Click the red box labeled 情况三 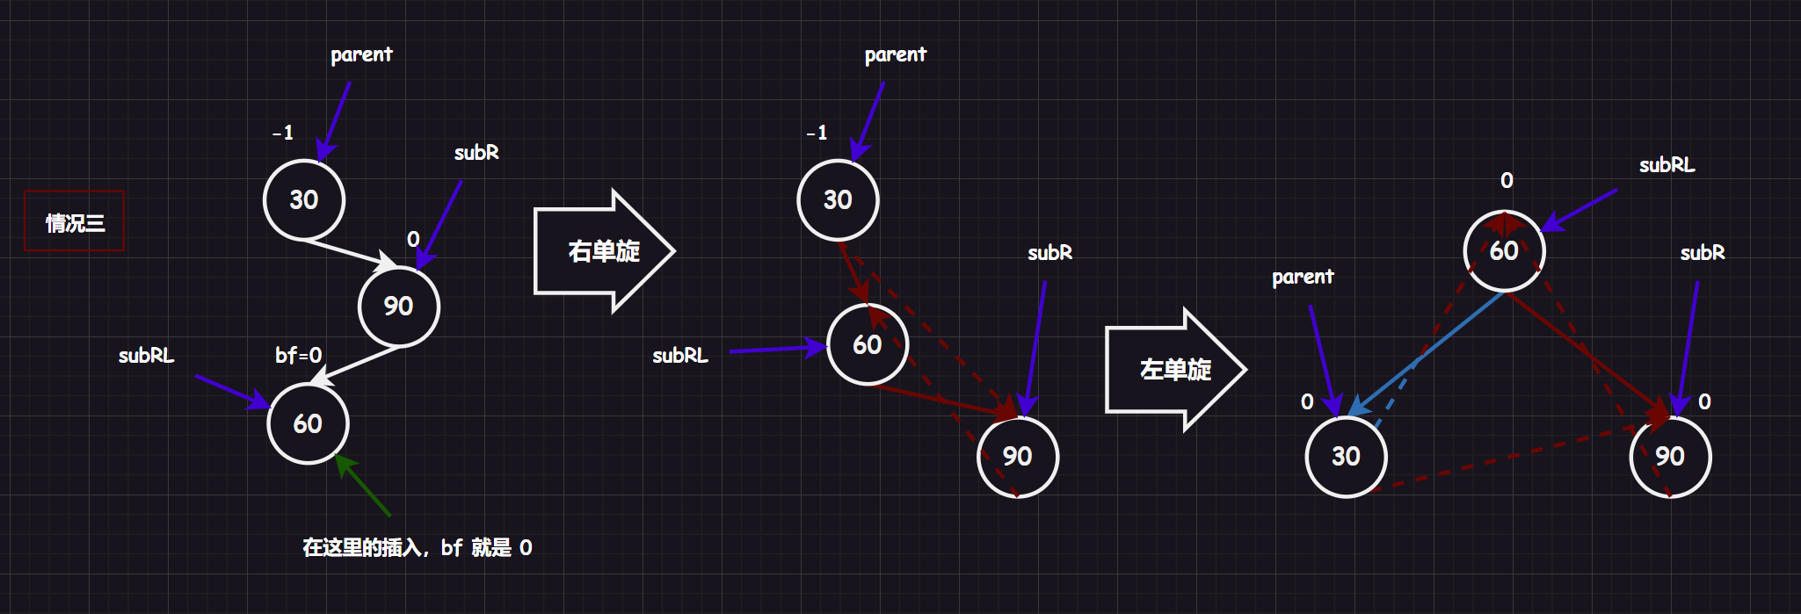click(x=74, y=220)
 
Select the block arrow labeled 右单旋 click(x=604, y=251)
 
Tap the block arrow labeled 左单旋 click(x=1175, y=369)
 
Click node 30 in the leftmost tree click(x=304, y=199)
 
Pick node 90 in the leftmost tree click(x=399, y=306)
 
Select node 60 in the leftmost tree click(x=308, y=423)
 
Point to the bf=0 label click(x=299, y=355)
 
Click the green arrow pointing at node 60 click(x=363, y=485)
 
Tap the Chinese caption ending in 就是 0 click(x=418, y=548)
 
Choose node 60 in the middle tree click(x=868, y=344)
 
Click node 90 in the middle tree click(x=1018, y=457)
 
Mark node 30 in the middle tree click(x=838, y=200)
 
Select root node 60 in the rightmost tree click(x=1505, y=250)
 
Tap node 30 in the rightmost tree click(x=1347, y=457)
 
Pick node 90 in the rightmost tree click(x=1670, y=457)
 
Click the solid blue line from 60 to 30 click(x=1426, y=354)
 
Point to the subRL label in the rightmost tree click(x=1667, y=165)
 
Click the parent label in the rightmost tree click(x=1303, y=278)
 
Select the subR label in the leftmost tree click(x=476, y=153)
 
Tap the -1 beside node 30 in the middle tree click(x=817, y=133)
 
